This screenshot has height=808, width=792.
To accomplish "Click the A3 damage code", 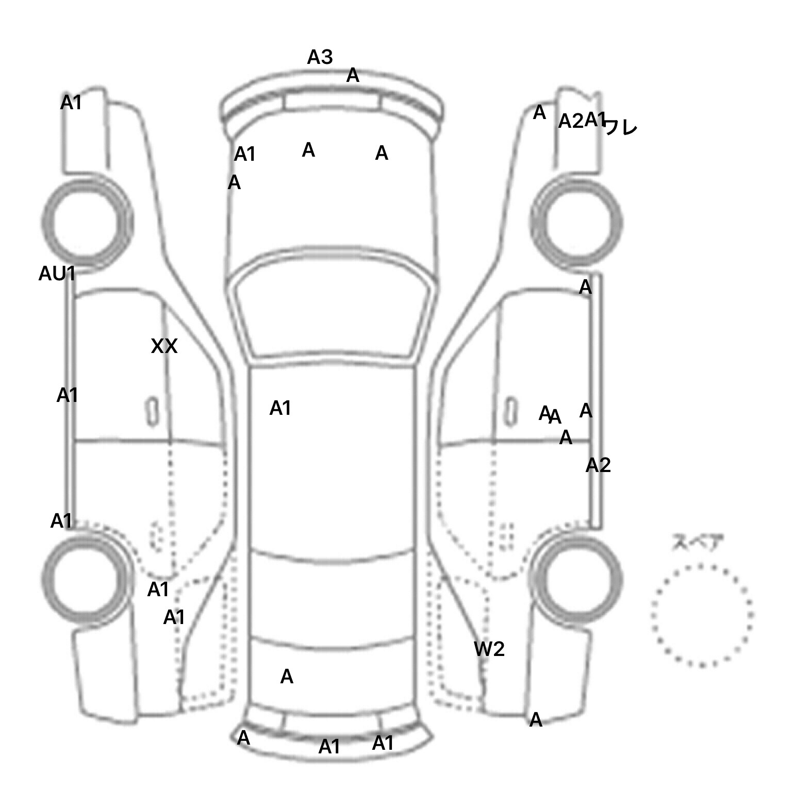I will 320,57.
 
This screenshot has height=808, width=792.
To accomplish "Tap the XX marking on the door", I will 164,346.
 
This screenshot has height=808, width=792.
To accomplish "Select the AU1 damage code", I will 57,274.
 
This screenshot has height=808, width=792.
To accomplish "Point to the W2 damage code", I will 489,649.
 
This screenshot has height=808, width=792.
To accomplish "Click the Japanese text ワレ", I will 621,127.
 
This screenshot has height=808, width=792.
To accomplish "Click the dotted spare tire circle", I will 702,615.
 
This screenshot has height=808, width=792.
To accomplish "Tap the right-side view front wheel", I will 576,222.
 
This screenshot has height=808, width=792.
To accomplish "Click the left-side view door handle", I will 152,411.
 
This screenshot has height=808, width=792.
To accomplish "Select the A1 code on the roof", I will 280,408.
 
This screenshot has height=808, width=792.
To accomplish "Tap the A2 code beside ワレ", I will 570,122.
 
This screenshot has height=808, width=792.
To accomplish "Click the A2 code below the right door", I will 598,465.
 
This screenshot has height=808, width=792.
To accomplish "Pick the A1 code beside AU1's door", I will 67,395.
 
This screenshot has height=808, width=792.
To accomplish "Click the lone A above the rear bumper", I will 287,677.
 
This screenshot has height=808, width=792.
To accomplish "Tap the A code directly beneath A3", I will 353,76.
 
